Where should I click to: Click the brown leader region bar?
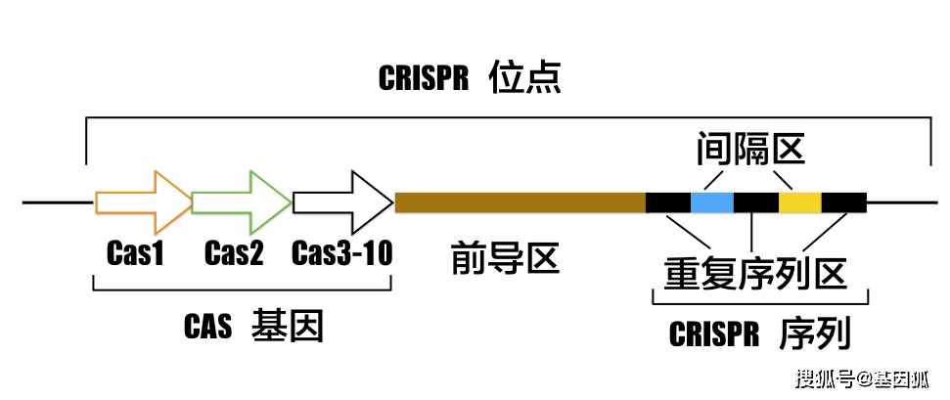coord(520,202)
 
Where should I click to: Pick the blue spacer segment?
coord(712,202)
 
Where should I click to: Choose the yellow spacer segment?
coord(800,202)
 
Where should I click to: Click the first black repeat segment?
coord(668,202)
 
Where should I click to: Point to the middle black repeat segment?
coord(756,202)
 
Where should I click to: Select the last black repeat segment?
coord(843,202)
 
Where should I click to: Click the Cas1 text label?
coord(135,254)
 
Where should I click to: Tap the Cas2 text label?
coord(234,254)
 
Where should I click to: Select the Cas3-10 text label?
coord(341,254)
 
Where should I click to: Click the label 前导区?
coord(505,258)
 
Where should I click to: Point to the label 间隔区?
coord(749,149)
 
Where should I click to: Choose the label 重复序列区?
coord(754,271)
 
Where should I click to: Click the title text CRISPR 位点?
coord(470,78)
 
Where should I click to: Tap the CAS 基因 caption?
coord(253,326)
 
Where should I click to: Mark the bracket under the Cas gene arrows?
coord(242,289)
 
